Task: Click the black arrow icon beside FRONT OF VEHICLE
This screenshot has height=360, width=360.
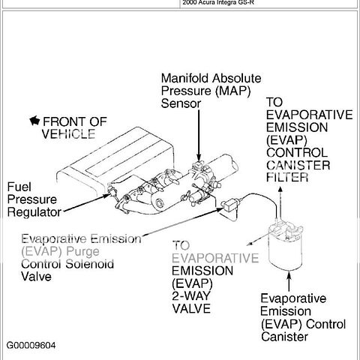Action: pos(33,120)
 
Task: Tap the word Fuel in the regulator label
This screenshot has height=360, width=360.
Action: pos(19,186)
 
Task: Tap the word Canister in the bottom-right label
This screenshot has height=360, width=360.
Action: pos(285,337)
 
